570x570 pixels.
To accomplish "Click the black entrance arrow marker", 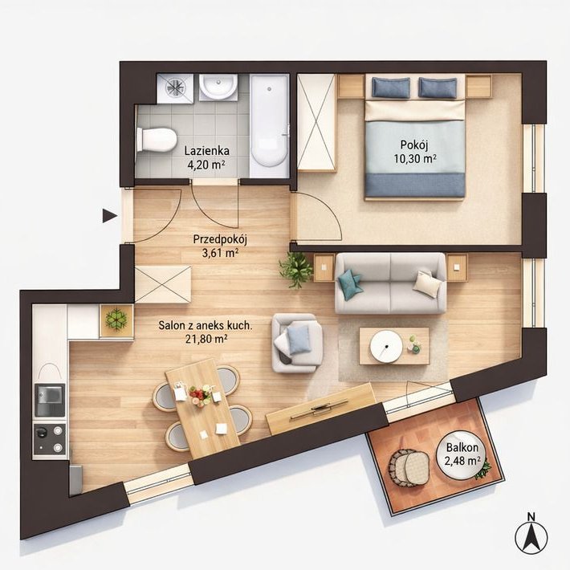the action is point(109,216).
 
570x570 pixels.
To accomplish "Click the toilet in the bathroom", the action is point(157,140).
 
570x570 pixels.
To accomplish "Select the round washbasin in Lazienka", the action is point(218,87).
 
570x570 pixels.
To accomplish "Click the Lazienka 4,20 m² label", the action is point(206,158).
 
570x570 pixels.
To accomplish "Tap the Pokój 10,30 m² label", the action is point(414,152).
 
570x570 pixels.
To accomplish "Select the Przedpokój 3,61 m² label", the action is point(220,246).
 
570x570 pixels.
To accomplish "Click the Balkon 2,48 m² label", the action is point(462,454).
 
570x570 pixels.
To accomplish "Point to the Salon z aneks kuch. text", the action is point(205,325).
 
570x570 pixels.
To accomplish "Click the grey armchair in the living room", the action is point(297,343).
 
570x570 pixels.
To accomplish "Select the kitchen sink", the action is point(50,401).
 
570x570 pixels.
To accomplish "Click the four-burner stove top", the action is point(50,439).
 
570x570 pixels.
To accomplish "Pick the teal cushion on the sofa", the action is point(350,284).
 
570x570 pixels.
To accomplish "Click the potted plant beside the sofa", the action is point(296,270).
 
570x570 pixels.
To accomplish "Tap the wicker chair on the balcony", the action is point(409,468).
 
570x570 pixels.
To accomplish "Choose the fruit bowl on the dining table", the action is point(200,395).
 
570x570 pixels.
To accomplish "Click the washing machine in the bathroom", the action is point(176,88).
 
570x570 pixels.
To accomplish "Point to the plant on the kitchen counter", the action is point(116,320).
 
